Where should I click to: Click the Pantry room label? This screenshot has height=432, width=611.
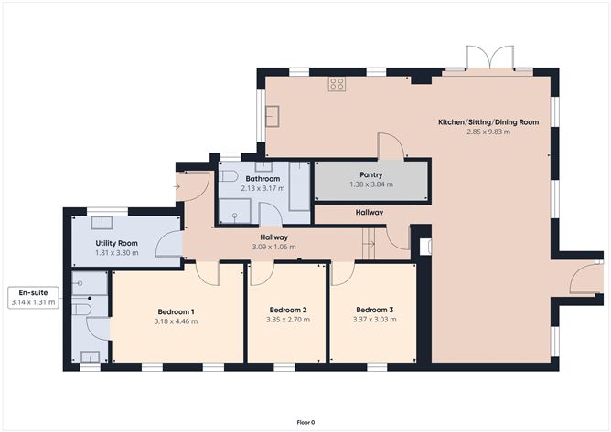click(371, 174)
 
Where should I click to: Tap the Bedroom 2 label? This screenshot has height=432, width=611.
click(288, 310)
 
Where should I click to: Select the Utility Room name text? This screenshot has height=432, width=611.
click(116, 243)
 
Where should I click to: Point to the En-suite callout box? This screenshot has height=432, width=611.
click(33, 298)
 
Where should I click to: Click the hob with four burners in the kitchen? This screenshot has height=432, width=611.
click(337, 83)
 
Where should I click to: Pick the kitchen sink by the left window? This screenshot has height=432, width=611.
click(273, 116)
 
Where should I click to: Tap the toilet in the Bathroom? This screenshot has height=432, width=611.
click(228, 176)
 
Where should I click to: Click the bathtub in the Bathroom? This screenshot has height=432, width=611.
click(299, 186)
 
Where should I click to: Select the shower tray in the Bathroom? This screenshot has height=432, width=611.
click(234, 211)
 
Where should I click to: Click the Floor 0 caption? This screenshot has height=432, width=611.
click(305, 422)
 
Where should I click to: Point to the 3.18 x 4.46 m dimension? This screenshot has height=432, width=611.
click(176, 321)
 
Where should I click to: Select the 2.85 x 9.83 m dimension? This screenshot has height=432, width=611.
click(488, 132)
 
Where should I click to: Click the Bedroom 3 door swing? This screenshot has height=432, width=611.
click(343, 274)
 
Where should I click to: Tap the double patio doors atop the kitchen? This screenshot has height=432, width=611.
click(490, 58)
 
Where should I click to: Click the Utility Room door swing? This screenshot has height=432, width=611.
click(169, 245)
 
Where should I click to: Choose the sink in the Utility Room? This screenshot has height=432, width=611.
click(102, 223)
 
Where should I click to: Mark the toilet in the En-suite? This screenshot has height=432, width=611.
click(81, 310)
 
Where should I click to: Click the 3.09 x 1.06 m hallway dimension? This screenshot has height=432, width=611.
click(273, 247)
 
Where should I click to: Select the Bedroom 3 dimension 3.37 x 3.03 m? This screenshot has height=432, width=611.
click(374, 320)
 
